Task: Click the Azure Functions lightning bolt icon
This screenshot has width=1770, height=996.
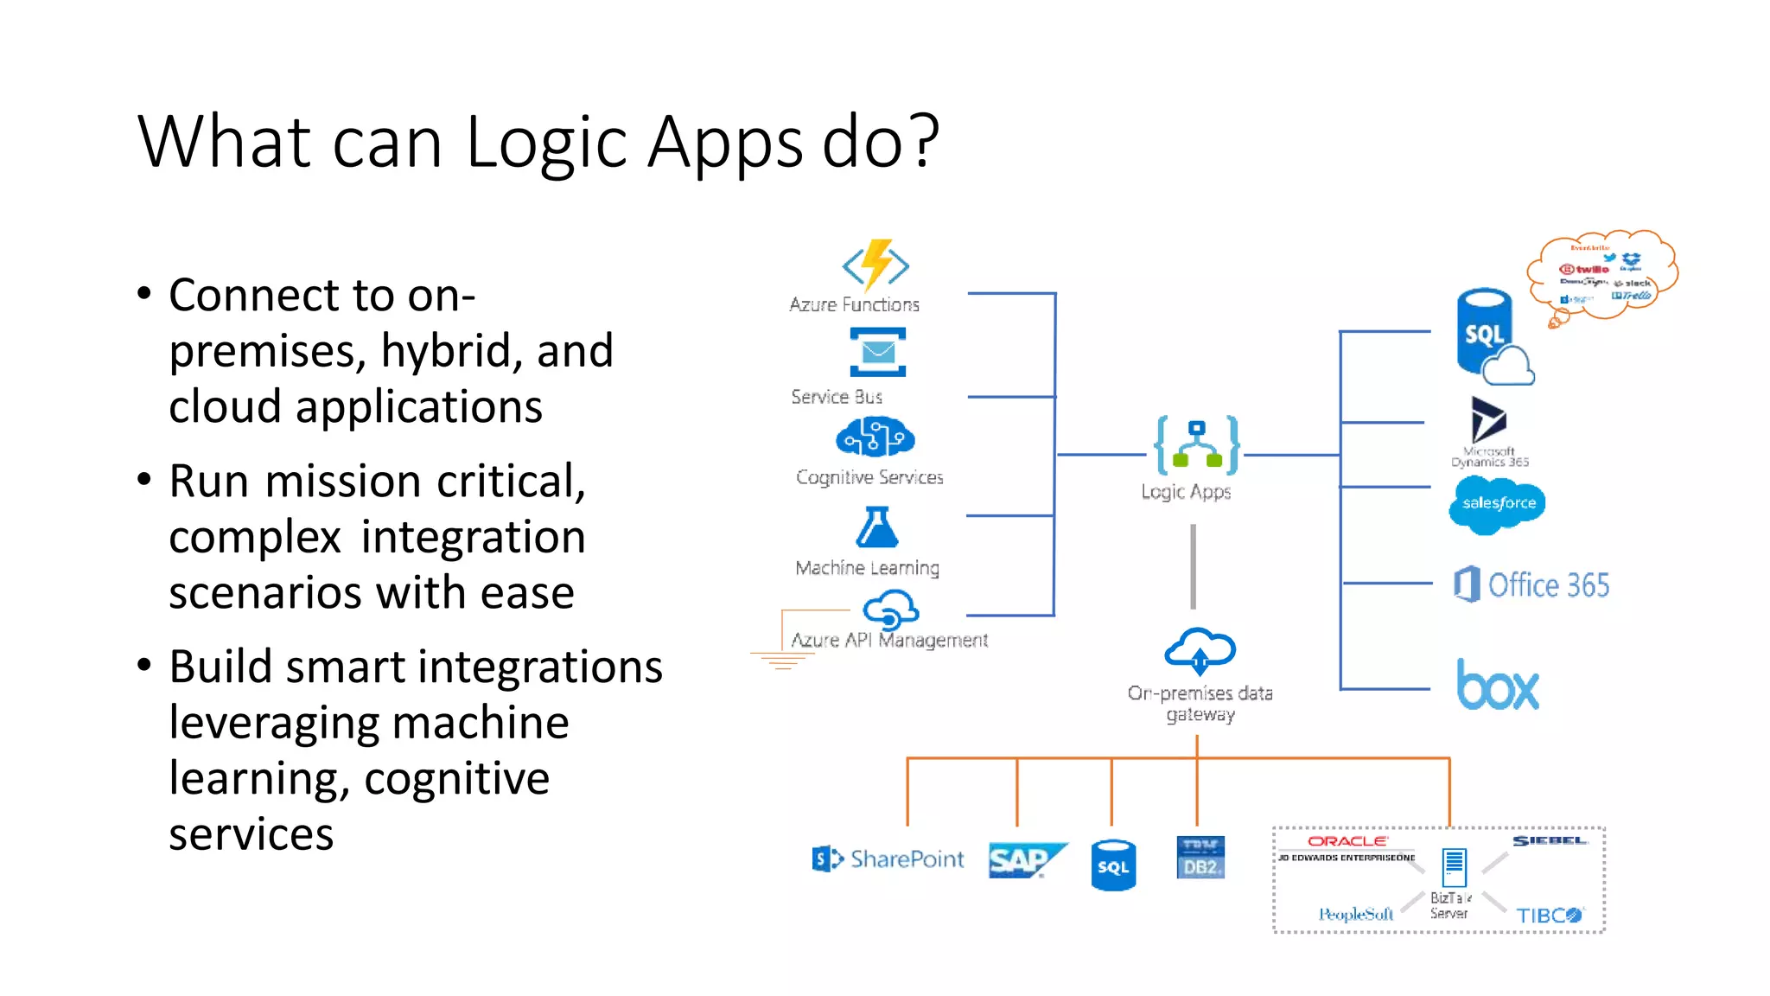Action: (875, 265)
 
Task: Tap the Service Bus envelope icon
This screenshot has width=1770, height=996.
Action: (877, 352)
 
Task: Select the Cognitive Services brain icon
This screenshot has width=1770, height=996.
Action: (875, 437)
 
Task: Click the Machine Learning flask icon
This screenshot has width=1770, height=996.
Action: (876, 527)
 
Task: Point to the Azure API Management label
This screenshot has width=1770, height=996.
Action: (889, 640)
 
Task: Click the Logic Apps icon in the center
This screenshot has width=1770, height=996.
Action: (1197, 445)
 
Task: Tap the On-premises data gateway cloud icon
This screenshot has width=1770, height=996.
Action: (1200, 651)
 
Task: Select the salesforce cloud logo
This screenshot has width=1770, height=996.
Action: (1498, 503)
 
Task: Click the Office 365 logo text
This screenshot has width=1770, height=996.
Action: (1547, 585)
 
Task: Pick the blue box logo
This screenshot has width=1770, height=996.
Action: (1498, 686)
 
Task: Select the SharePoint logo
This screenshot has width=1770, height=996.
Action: (888, 859)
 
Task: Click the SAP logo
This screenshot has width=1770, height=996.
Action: (1026, 859)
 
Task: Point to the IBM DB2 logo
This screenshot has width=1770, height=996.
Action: (1200, 858)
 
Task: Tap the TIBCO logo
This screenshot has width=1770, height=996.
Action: (1549, 915)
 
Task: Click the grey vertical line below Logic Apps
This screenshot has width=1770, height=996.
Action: (1194, 566)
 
